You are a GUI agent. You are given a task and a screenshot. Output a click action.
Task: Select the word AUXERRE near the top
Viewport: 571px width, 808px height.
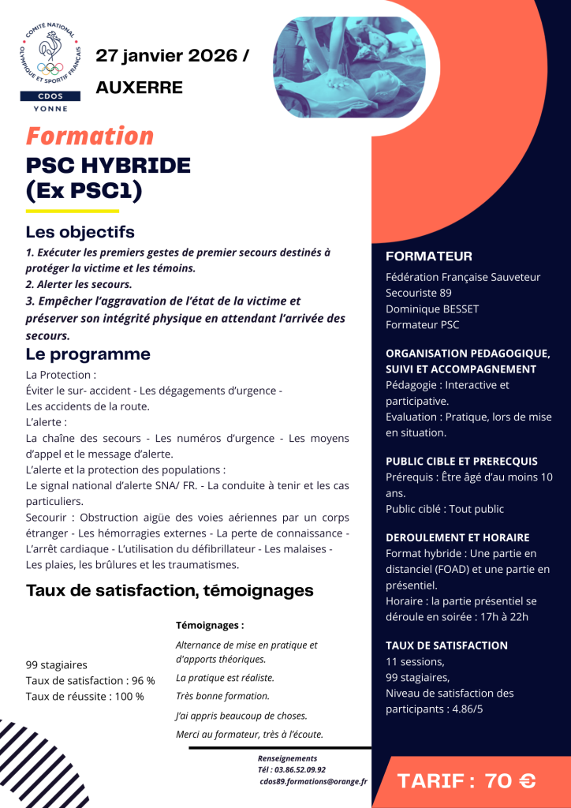coord(139,87)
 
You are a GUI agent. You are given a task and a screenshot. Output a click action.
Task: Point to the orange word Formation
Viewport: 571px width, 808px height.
coord(90,136)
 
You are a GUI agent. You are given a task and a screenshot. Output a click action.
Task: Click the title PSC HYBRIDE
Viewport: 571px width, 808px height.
coord(108,166)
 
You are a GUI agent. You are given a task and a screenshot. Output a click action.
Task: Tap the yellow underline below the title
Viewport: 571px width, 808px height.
coord(73,211)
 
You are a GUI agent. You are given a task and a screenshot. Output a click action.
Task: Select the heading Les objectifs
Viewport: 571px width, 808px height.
coord(80,232)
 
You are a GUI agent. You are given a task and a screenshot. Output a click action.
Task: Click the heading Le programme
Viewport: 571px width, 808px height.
coord(88,354)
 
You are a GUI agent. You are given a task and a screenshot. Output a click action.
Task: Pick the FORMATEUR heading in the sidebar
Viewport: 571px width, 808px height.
coord(429,256)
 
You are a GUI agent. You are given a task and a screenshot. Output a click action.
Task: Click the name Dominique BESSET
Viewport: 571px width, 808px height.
coord(432,309)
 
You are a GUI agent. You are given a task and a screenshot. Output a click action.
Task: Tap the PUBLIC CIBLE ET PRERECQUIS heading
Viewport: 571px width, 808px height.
coord(461,461)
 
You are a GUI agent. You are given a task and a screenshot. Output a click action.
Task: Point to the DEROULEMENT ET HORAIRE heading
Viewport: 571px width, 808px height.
coord(457,537)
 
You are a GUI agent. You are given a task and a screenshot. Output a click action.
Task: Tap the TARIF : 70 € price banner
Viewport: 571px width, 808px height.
coord(467,781)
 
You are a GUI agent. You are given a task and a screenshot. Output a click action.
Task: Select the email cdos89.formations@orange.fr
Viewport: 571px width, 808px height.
coord(313,781)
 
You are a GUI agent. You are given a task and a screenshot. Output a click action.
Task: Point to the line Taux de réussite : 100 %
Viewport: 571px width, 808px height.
coord(85,696)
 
